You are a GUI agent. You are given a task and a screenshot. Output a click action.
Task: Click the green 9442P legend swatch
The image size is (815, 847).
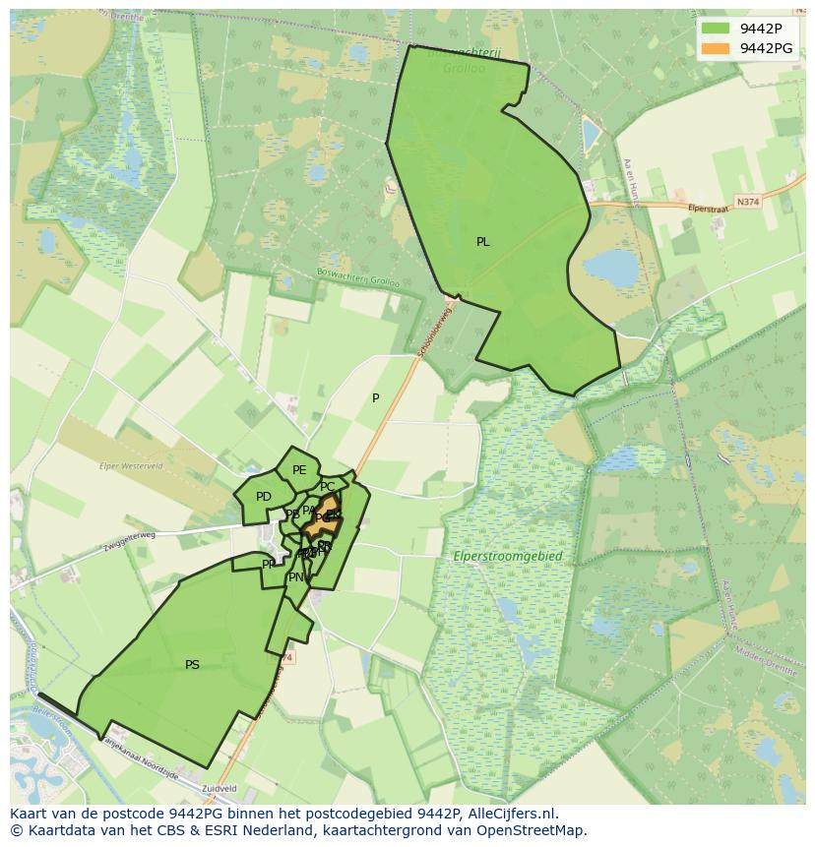[x=716, y=29]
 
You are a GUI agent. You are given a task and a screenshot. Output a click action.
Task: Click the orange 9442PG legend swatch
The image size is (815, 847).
[x=716, y=48]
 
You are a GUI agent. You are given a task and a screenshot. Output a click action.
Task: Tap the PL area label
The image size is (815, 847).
[x=482, y=242]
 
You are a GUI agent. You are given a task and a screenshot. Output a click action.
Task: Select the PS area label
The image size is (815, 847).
[x=192, y=665]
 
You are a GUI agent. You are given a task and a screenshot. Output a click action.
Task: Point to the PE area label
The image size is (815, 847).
[x=299, y=470]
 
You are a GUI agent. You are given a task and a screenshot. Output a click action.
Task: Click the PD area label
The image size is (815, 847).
[x=263, y=497]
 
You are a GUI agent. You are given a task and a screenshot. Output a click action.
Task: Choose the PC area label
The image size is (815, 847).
[x=328, y=487]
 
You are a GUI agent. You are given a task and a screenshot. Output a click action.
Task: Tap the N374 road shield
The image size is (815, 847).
[x=748, y=202]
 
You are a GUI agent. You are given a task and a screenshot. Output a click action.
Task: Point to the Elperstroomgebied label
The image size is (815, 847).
[x=508, y=557]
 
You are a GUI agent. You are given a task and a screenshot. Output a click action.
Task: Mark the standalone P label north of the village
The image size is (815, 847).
[x=375, y=398]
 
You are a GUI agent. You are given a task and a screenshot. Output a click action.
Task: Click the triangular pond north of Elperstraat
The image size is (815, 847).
[x=591, y=136]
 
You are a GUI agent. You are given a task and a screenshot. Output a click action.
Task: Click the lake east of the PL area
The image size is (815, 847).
[x=610, y=266]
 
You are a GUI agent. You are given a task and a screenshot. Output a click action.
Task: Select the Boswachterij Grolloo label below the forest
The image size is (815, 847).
[x=358, y=280]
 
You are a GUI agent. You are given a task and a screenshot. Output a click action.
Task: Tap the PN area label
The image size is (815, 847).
[x=295, y=577]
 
